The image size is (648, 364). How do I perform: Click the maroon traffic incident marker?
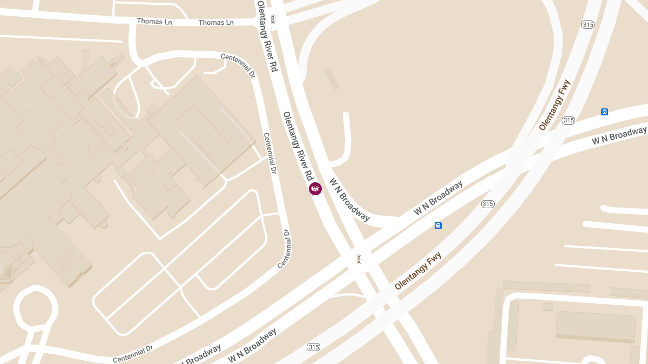pyautogui.click(x=315, y=188)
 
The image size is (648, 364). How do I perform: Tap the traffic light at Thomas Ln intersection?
pyautogui.click(x=273, y=20)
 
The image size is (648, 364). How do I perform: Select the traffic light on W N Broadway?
pyautogui.click(x=359, y=259)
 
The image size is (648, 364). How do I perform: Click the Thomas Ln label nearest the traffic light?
pyautogui.click(x=216, y=23)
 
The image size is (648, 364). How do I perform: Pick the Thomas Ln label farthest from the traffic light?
pyautogui.click(x=154, y=21)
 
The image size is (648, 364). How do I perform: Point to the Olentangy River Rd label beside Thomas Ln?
pyautogui.click(x=267, y=36)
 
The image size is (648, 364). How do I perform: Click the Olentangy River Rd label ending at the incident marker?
pyautogui.click(x=298, y=146)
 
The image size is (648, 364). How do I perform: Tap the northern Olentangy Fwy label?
pyautogui.click(x=555, y=105)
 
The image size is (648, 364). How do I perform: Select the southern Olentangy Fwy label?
pyautogui.click(x=418, y=271)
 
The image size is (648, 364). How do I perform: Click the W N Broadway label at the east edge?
pyautogui.click(x=619, y=135)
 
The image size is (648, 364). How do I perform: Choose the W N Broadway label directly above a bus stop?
pyautogui.click(x=438, y=198)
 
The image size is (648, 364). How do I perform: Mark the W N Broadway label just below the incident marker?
pyautogui.click(x=350, y=199)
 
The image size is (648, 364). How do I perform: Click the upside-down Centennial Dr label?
pyautogui.click(x=285, y=248)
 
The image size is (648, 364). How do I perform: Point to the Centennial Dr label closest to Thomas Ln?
pyautogui.click(x=238, y=65)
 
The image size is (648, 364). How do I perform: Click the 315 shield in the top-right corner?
pyautogui.click(x=588, y=24)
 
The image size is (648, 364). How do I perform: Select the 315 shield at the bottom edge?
pyautogui.click(x=313, y=347)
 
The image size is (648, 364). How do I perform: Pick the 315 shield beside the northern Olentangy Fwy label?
pyautogui.click(x=568, y=120)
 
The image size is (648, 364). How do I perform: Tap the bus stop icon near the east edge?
pyautogui.click(x=604, y=112)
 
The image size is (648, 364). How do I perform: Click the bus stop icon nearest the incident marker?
pyautogui.click(x=438, y=225)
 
